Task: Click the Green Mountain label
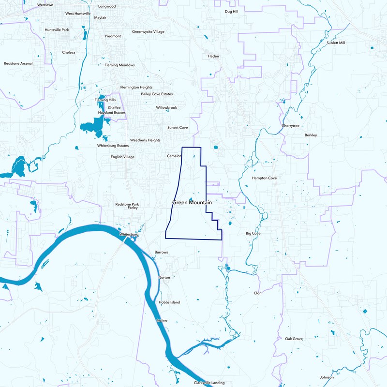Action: click(192, 202)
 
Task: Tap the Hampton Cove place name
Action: click(264, 178)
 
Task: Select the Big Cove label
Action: click(253, 233)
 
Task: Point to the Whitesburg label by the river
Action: click(129, 235)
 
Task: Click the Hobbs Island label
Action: click(169, 302)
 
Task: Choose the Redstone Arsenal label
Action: click(18, 63)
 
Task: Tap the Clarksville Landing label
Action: click(209, 382)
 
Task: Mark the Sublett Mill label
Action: click(336, 43)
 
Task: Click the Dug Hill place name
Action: click(232, 11)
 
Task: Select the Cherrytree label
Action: click(291, 126)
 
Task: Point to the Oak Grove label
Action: click(294, 339)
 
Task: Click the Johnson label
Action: click(327, 377)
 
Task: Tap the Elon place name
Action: click(257, 293)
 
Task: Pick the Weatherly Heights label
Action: click(145, 140)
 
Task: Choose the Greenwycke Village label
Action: click(148, 31)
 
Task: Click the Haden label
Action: click(213, 56)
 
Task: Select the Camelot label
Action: click(174, 156)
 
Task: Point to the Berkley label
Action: click(311, 135)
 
